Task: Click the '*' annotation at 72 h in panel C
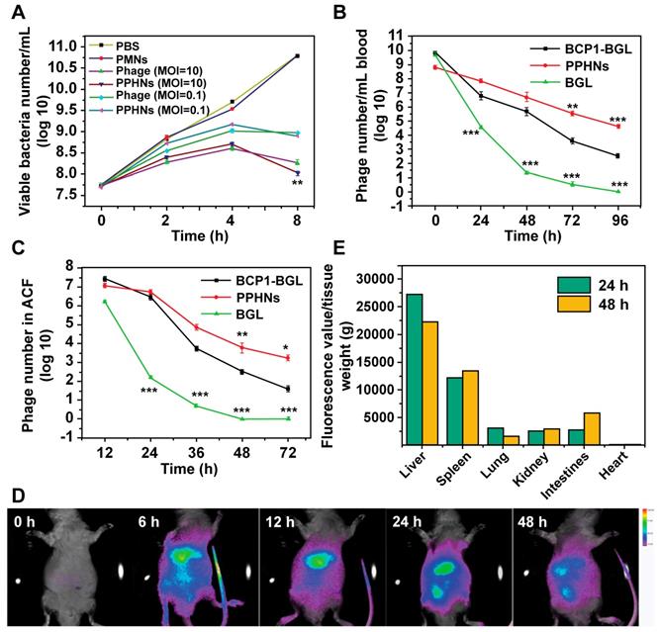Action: click(x=286, y=346)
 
